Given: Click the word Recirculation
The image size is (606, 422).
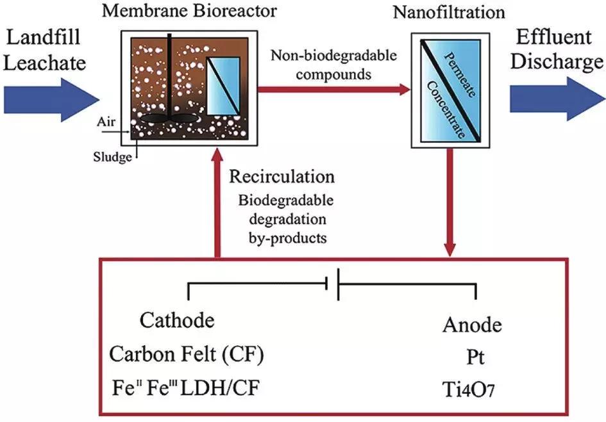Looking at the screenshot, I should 282,177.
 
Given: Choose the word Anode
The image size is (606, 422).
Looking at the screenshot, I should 472,325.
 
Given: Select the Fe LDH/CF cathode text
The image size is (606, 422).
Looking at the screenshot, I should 187,386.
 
